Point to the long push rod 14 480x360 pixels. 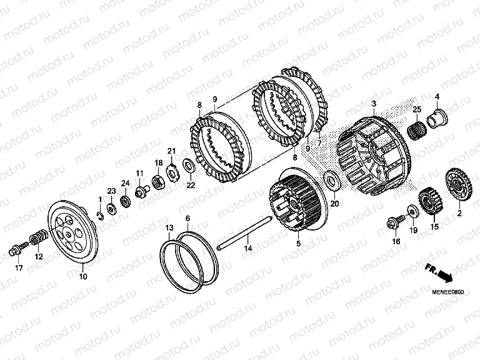coord(244,233)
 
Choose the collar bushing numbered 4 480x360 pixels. coord(436,119)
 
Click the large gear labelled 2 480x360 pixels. coord(458,185)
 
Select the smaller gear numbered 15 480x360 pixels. coord(431,202)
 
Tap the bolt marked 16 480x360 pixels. coord(396,222)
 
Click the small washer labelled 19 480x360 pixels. coord(413,211)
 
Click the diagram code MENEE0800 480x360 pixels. coord(448,292)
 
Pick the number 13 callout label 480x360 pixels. coord(169,227)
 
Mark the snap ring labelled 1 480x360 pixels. coord(101,216)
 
